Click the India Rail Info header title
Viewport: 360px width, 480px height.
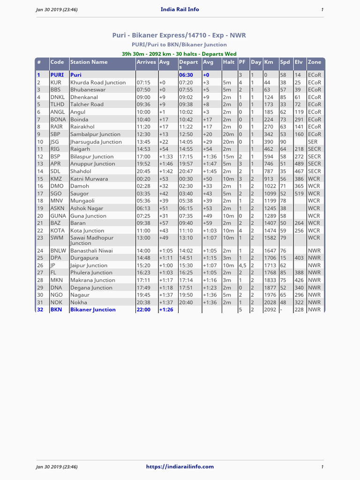coord(180,9)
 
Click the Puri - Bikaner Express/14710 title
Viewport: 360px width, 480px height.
coord(179,35)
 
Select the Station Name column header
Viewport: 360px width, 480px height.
coord(89,62)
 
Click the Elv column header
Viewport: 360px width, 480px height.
coord(299,62)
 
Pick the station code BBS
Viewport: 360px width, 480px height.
coord(55,90)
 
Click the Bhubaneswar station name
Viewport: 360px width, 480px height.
coord(88,90)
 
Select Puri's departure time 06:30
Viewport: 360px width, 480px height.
coord(186,75)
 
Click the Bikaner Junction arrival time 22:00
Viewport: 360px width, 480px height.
coord(143,310)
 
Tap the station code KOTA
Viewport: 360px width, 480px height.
coord(58,231)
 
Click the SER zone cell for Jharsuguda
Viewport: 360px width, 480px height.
coord(313,142)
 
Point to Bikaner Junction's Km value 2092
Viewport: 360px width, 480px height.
coord(270,310)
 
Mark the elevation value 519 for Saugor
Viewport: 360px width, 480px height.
coord(299,194)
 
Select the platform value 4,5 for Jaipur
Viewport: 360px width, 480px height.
coord(242,265)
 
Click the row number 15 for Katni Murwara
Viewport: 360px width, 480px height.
coord(40,179)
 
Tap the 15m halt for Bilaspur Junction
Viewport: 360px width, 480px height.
coord(228,157)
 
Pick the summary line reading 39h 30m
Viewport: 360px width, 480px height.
coord(179,54)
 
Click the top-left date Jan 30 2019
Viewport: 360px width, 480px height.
coord(57,9)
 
